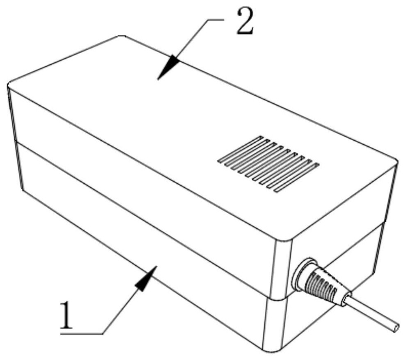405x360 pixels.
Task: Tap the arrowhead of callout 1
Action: coord(146,278)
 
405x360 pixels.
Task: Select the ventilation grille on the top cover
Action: coord(268,164)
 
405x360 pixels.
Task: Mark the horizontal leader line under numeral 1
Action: coord(82,334)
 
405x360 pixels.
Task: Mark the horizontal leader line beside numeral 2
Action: coord(215,19)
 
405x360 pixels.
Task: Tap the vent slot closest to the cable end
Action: coord(297,178)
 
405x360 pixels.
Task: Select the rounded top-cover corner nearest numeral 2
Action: coord(121,36)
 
